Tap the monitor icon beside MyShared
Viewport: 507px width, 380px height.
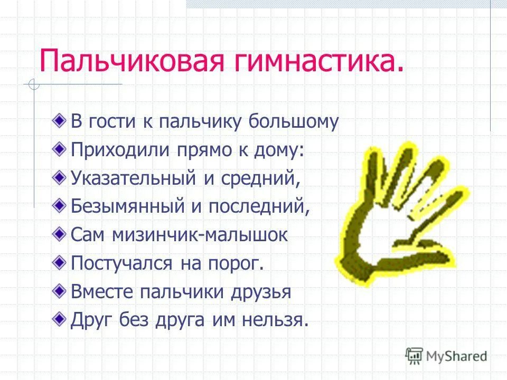(414, 355)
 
